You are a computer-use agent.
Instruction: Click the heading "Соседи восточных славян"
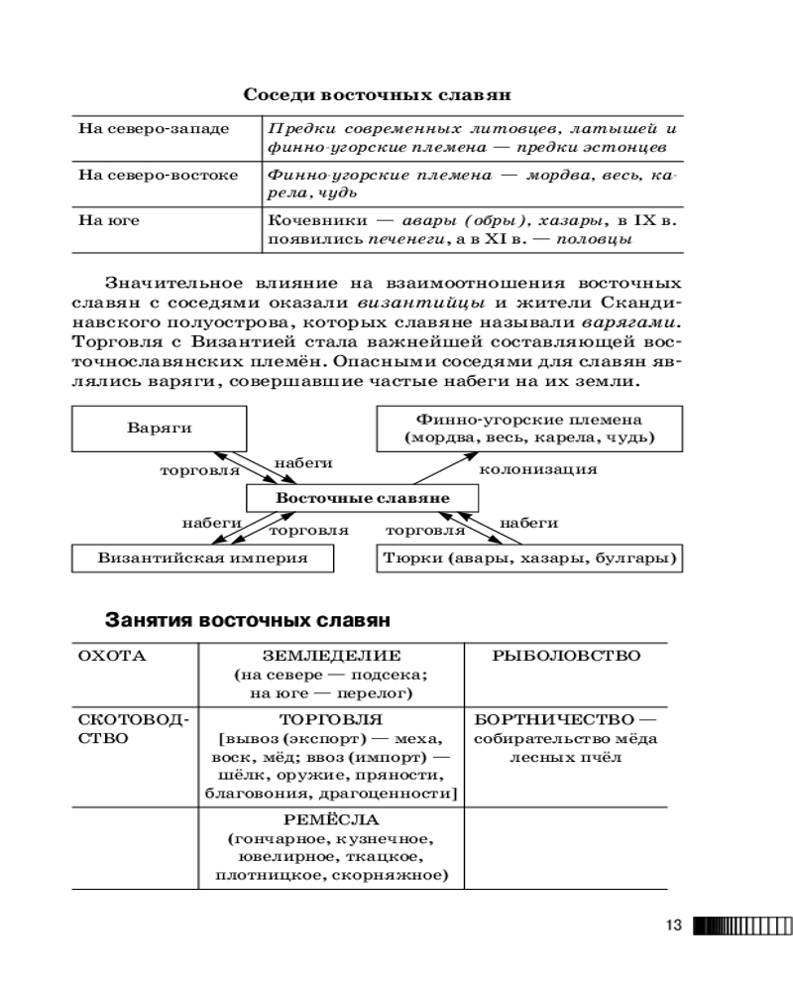click(377, 96)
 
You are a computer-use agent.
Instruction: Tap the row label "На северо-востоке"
click(158, 175)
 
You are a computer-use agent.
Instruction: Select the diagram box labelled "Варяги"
click(159, 429)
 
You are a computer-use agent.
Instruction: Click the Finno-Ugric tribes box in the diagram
click(529, 429)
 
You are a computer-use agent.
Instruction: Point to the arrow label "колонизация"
click(537, 468)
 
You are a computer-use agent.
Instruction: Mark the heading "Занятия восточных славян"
click(248, 621)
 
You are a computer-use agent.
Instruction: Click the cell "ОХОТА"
click(111, 656)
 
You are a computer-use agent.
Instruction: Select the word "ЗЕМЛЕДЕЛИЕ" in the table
click(331, 656)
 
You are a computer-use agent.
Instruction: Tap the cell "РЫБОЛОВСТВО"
click(566, 656)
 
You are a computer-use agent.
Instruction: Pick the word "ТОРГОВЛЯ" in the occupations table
click(331, 718)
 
